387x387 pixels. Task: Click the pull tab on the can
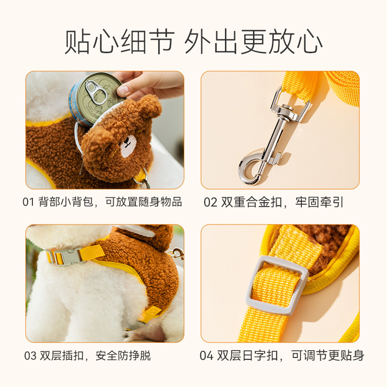coord(96,92)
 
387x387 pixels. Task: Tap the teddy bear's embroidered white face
coord(128,146)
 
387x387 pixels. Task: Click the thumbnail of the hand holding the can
coord(105,130)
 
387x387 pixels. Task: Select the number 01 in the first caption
coord(28,202)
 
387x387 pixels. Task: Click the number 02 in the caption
coord(210,202)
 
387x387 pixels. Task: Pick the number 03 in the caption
coord(30,356)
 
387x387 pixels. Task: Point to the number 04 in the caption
coord(207,356)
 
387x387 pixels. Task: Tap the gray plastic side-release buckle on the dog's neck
coord(65,257)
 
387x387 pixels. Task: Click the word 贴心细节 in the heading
coord(119,41)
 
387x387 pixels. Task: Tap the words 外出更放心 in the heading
coord(253,41)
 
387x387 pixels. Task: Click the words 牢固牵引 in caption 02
coord(319,202)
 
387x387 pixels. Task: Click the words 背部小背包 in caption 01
coord(66,202)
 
